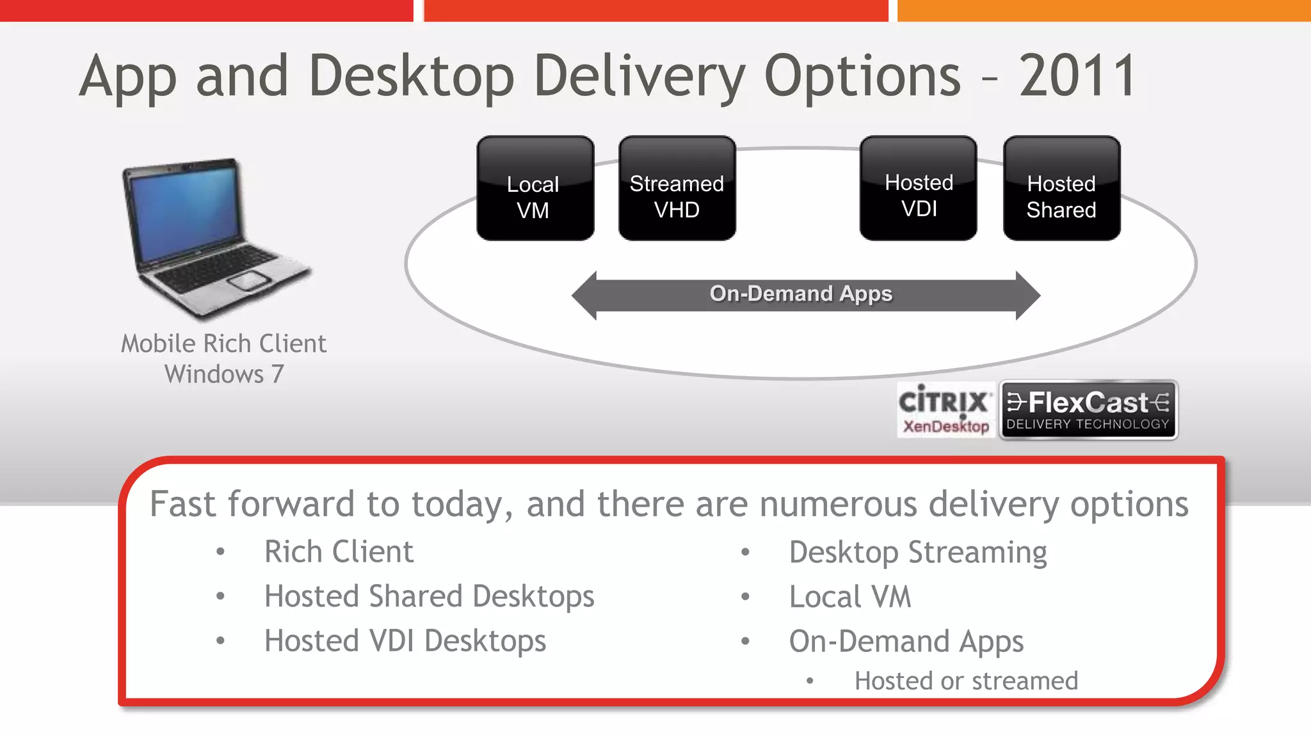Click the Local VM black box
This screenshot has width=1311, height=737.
535,188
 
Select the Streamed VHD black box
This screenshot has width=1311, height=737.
677,188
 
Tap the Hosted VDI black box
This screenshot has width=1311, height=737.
918,188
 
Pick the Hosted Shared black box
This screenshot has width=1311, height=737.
1061,188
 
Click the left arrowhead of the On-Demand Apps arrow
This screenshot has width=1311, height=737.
584,296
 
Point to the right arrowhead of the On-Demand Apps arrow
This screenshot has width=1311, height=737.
1028,296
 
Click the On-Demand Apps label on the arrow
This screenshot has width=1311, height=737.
801,294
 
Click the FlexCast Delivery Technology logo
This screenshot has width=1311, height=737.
1088,410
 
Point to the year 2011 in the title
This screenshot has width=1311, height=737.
1077,76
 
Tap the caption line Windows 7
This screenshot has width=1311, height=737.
224,374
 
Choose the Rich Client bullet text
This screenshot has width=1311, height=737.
339,551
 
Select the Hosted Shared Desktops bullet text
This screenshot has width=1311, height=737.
430,596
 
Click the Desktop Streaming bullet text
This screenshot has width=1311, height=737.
918,552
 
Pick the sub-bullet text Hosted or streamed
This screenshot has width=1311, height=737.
966,681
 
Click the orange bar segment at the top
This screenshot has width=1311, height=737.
1104,10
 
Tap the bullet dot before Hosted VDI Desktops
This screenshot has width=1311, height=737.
220,640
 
